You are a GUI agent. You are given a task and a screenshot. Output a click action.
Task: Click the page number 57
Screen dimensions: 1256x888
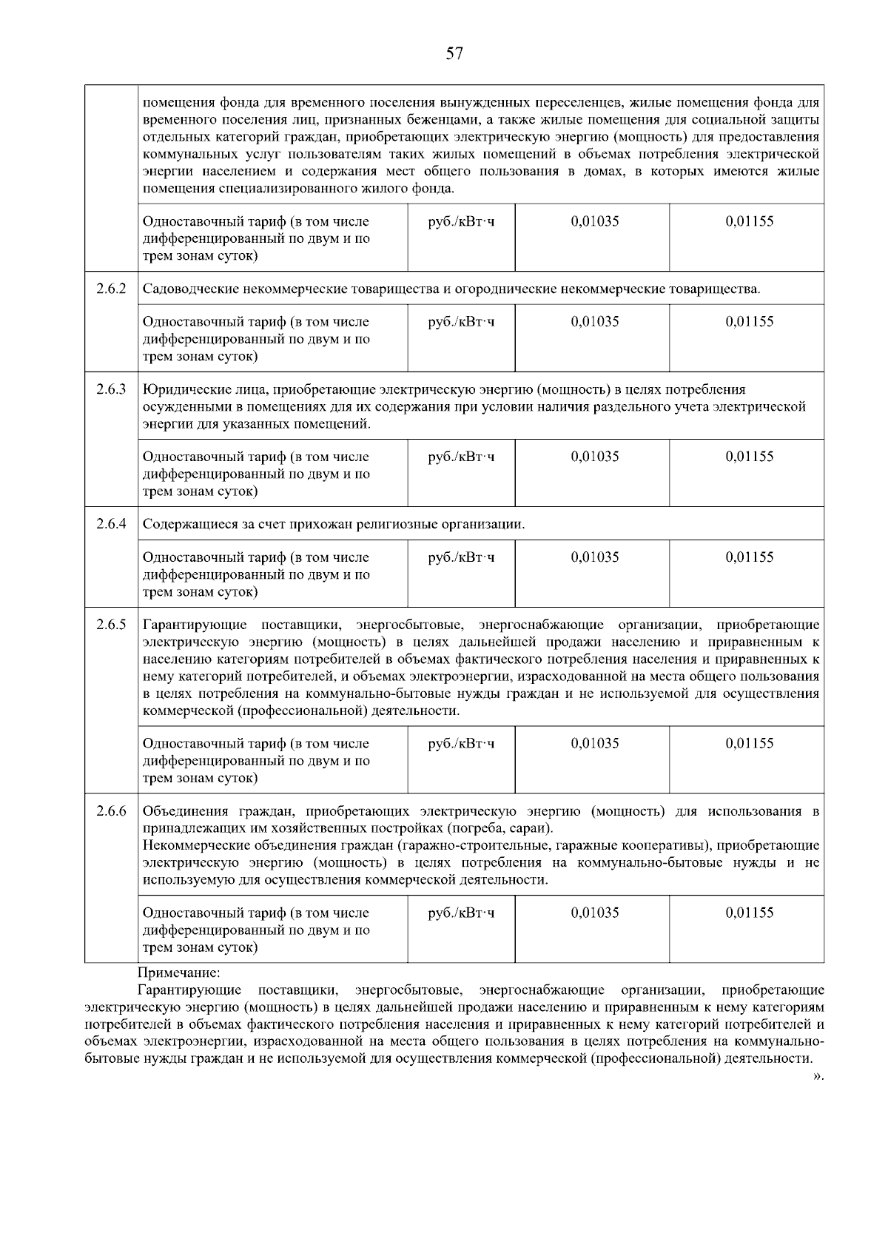click(454, 53)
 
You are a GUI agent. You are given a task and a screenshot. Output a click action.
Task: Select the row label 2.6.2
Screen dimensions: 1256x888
click(111, 288)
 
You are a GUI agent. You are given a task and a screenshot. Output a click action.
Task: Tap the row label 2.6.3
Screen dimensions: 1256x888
click(111, 389)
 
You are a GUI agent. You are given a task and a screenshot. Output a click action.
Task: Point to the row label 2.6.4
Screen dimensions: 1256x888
click(111, 524)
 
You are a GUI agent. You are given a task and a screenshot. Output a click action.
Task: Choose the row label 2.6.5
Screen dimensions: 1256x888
click(111, 625)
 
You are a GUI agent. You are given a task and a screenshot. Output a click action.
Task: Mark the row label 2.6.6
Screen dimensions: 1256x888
click(111, 811)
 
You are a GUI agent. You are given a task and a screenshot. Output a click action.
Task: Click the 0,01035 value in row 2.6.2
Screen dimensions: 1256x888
click(594, 322)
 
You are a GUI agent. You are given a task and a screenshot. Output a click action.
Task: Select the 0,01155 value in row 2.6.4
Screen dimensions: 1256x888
click(749, 557)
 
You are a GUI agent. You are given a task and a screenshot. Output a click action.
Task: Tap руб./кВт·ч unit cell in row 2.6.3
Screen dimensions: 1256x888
click(461, 457)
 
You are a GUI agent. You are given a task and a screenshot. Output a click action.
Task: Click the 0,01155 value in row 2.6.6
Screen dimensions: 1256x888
click(749, 913)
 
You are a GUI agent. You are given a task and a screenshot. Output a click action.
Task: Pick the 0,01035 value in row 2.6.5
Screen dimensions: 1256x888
click(594, 743)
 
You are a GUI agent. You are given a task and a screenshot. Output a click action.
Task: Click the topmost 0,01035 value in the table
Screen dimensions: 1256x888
click(594, 221)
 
